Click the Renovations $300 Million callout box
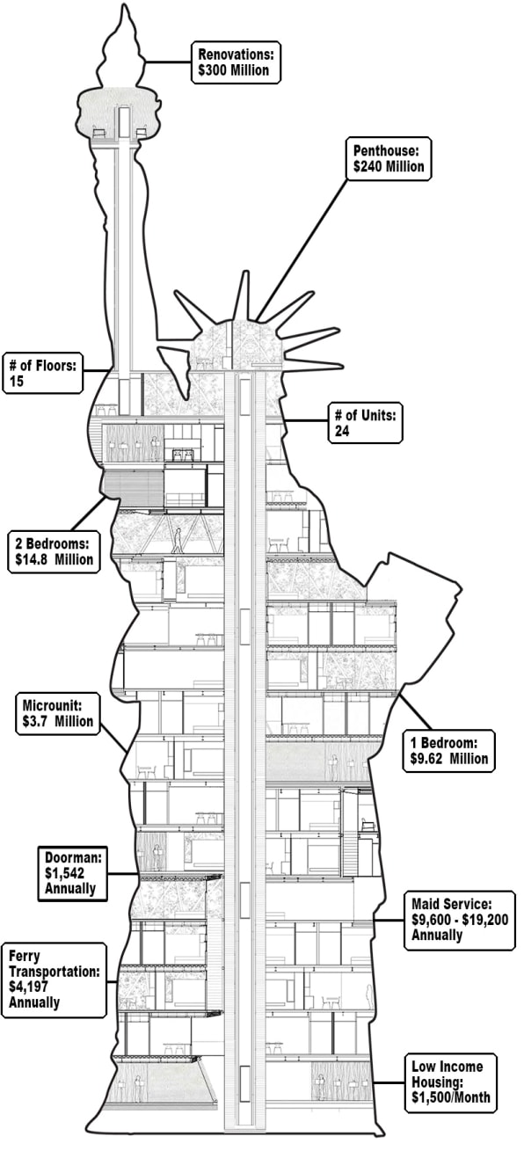point(236,62)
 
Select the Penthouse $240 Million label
point(389,158)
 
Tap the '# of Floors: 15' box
point(42,373)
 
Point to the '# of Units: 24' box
point(365,423)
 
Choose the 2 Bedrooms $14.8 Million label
point(54,552)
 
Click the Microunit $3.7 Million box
point(58,713)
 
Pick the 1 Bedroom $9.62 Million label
point(449,751)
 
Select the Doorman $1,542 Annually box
point(72,873)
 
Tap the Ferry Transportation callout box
point(54,980)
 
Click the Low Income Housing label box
point(450,1083)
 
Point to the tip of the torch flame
point(124,5)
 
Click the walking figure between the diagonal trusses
point(178,541)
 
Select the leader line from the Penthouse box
point(303,250)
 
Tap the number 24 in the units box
point(342,431)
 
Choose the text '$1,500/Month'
point(450,1097)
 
